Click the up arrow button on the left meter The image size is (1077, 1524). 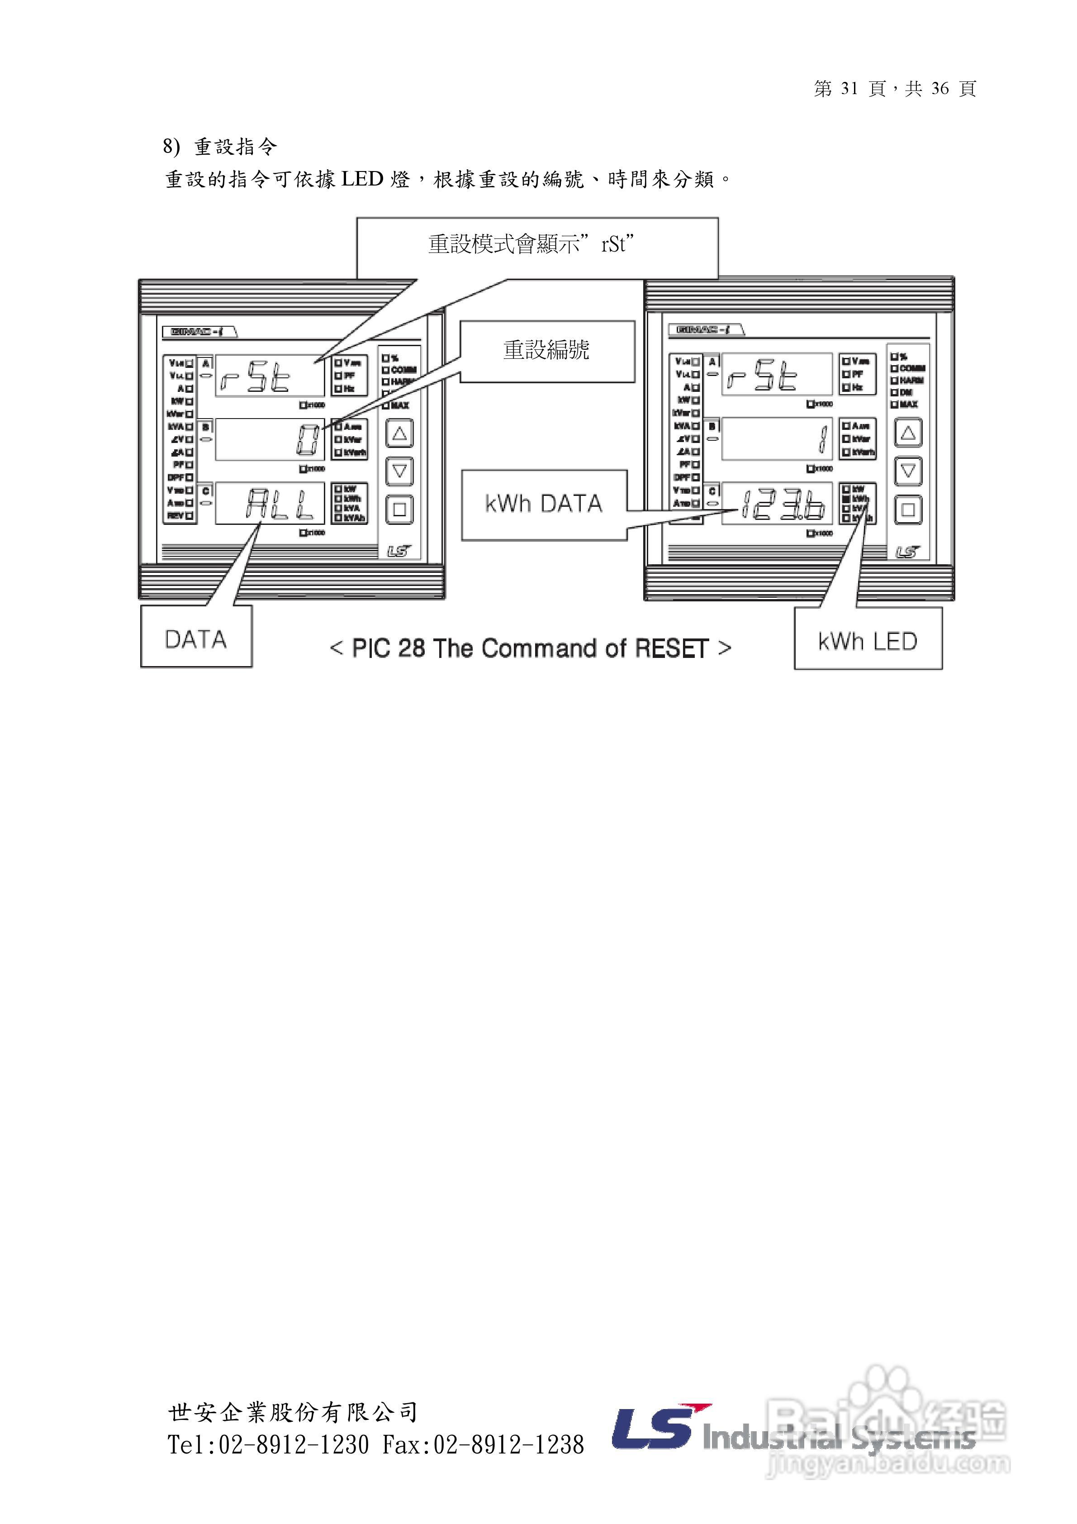pos(399,433)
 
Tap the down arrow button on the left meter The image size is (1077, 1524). pos(399,471)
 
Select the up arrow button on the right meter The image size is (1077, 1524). pos(908,433)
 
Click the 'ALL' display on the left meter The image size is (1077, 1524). pos(280,505)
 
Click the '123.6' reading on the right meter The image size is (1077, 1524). pos(783,506)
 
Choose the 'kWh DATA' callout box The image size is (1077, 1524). pos(544,505)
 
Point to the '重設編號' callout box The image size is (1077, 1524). pos(547,351)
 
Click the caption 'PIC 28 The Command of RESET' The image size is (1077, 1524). pos(530,648)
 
